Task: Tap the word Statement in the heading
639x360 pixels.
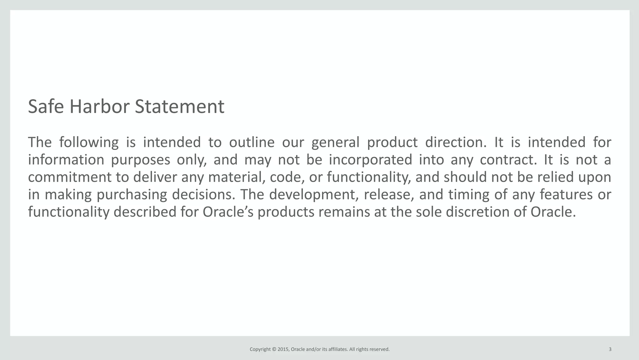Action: [179, 106]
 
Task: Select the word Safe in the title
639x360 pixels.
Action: [46, 106]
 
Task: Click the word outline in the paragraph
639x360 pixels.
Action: [251, 142]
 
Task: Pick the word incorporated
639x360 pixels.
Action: [370, 160]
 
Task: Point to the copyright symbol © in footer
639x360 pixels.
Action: [274, 349]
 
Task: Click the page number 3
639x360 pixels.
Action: [610, 349]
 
